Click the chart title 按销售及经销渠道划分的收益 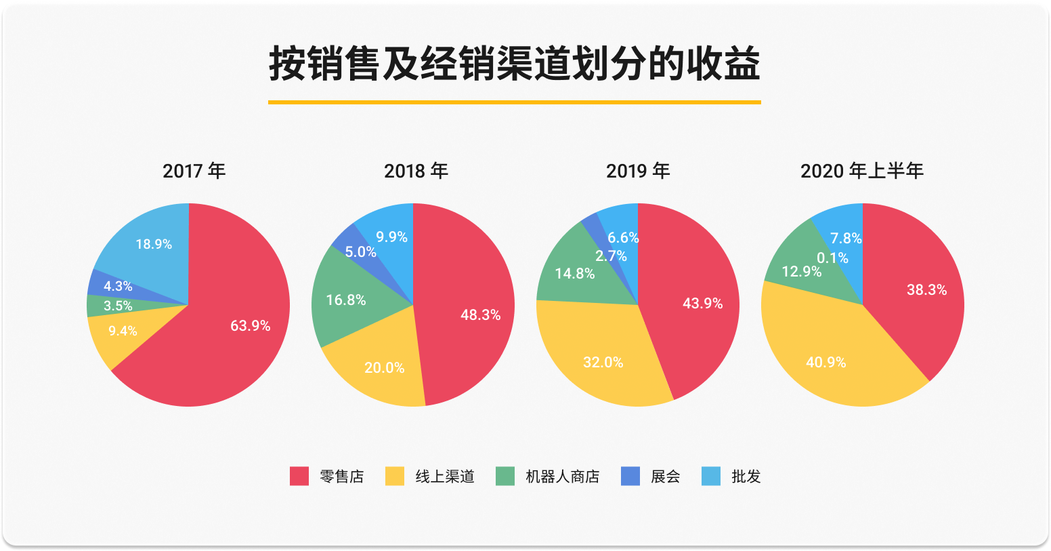[x=514, y=65]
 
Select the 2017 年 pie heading [x=194, y=171]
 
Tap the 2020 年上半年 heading [x=861, y=171]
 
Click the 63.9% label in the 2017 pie [x=250, y=326]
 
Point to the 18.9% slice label [x=154, y=244]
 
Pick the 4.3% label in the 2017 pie [x=118, y=287]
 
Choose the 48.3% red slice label [x=480, y=315]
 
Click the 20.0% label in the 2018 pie [x=384, y=368]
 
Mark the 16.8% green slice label [x=345, y=300]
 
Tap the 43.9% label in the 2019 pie [x=702, y=304]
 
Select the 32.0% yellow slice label [x=603, y=363]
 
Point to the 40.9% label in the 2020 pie [x=825, y=363]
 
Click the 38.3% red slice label [x=926, y=290]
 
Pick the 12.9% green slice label [x=801, y=272]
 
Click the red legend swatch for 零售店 [x=299, y=476]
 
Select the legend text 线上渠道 [x=445, y=477]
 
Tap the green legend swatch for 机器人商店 [x=505, y=476]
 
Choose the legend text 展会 [x=665, y=477]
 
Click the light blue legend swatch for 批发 [x=711, y=476]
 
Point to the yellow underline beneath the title [x=514, y=102]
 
